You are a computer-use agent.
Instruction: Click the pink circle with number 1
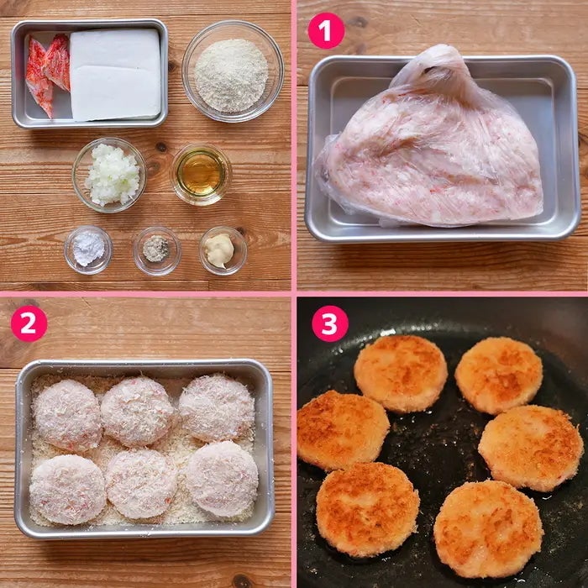(x=326, y=31)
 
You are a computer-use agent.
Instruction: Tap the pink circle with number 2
(x=29, y=323)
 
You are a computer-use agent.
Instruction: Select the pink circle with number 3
(x=330, y=323)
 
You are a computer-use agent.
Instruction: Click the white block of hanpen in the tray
(x=116, y=75)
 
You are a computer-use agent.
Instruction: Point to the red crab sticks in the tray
(x=47, y=73)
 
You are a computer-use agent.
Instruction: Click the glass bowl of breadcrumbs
(x=233, y=71)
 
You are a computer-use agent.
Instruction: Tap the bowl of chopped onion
(x=109, y=175)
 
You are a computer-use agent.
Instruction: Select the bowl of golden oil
(x=202, y=174)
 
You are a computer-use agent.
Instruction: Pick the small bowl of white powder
(x=88, y=249)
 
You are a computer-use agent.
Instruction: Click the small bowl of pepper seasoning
(x=157, y=251)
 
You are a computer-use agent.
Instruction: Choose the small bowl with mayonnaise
(x=223, y=250)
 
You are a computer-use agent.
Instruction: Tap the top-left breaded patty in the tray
(x=66, y=415)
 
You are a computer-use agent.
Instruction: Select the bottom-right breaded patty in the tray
(x=222, y=479)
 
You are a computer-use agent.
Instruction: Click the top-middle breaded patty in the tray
(x=138, y=412)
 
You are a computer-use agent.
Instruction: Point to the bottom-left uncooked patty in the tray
(x=67, y=489)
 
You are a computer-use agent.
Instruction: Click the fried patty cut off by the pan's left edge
(x=342, y=430)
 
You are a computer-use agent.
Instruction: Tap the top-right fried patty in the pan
(x=499, y=375)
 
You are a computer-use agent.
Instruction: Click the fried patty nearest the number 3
(x=401, y=374)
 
